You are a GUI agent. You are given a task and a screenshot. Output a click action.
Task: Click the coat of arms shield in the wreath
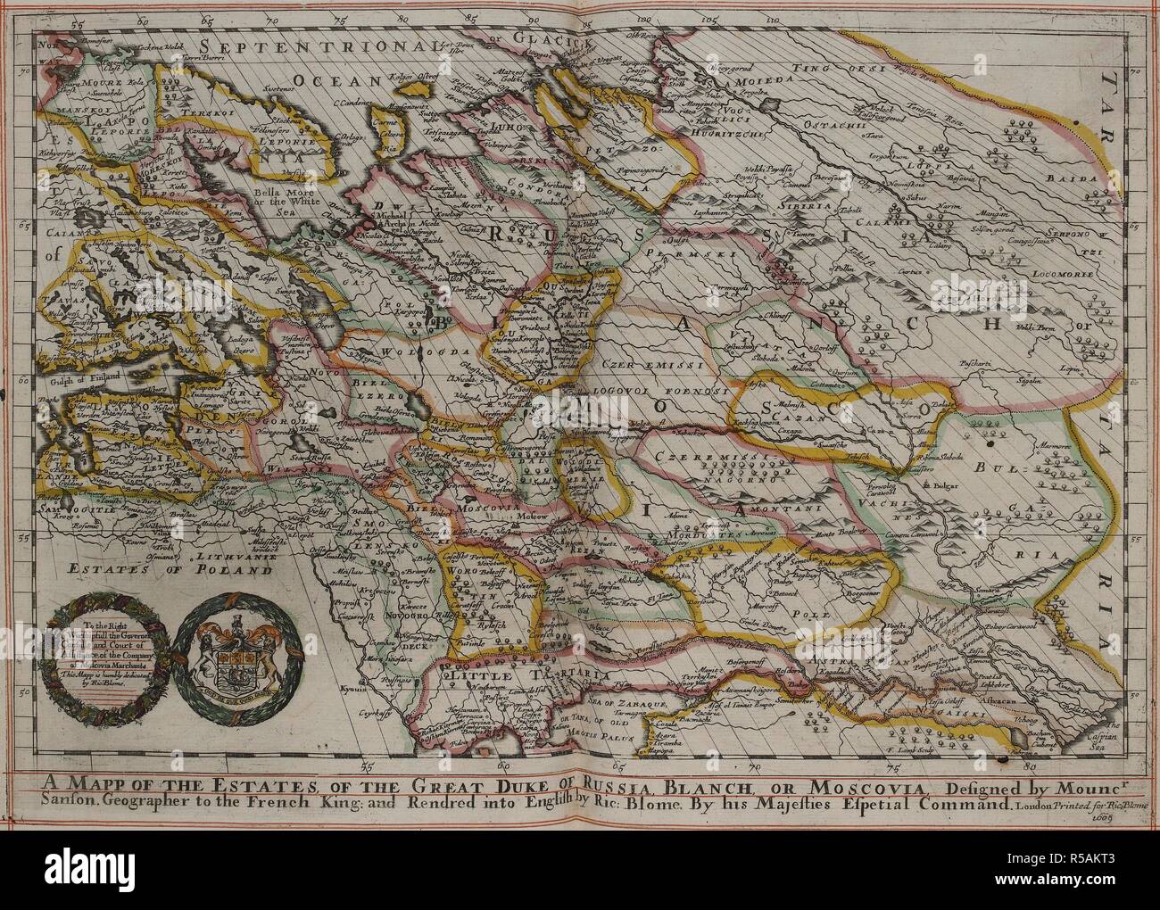pos(227,657)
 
